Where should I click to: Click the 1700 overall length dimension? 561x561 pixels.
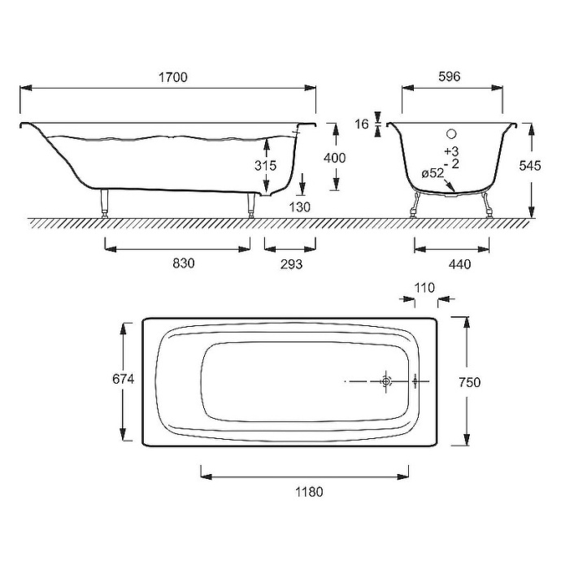point(173,77)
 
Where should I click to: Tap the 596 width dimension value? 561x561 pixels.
point(449,76)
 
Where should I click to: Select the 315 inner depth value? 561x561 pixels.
point(266,165)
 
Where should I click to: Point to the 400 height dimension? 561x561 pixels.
point(334,158)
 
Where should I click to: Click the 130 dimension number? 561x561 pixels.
point(299,207)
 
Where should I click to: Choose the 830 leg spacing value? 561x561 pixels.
point(184,263)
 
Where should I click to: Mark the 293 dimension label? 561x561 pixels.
point(291,264)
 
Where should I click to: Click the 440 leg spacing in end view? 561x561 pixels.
point(459,264)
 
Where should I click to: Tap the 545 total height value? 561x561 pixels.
point(530,166)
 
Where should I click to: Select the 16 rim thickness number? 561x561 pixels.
point(362,124)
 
